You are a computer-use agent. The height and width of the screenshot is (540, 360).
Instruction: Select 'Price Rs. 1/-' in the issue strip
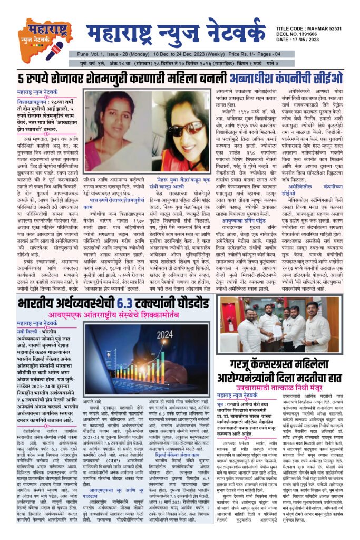click(x=261, y=54)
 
